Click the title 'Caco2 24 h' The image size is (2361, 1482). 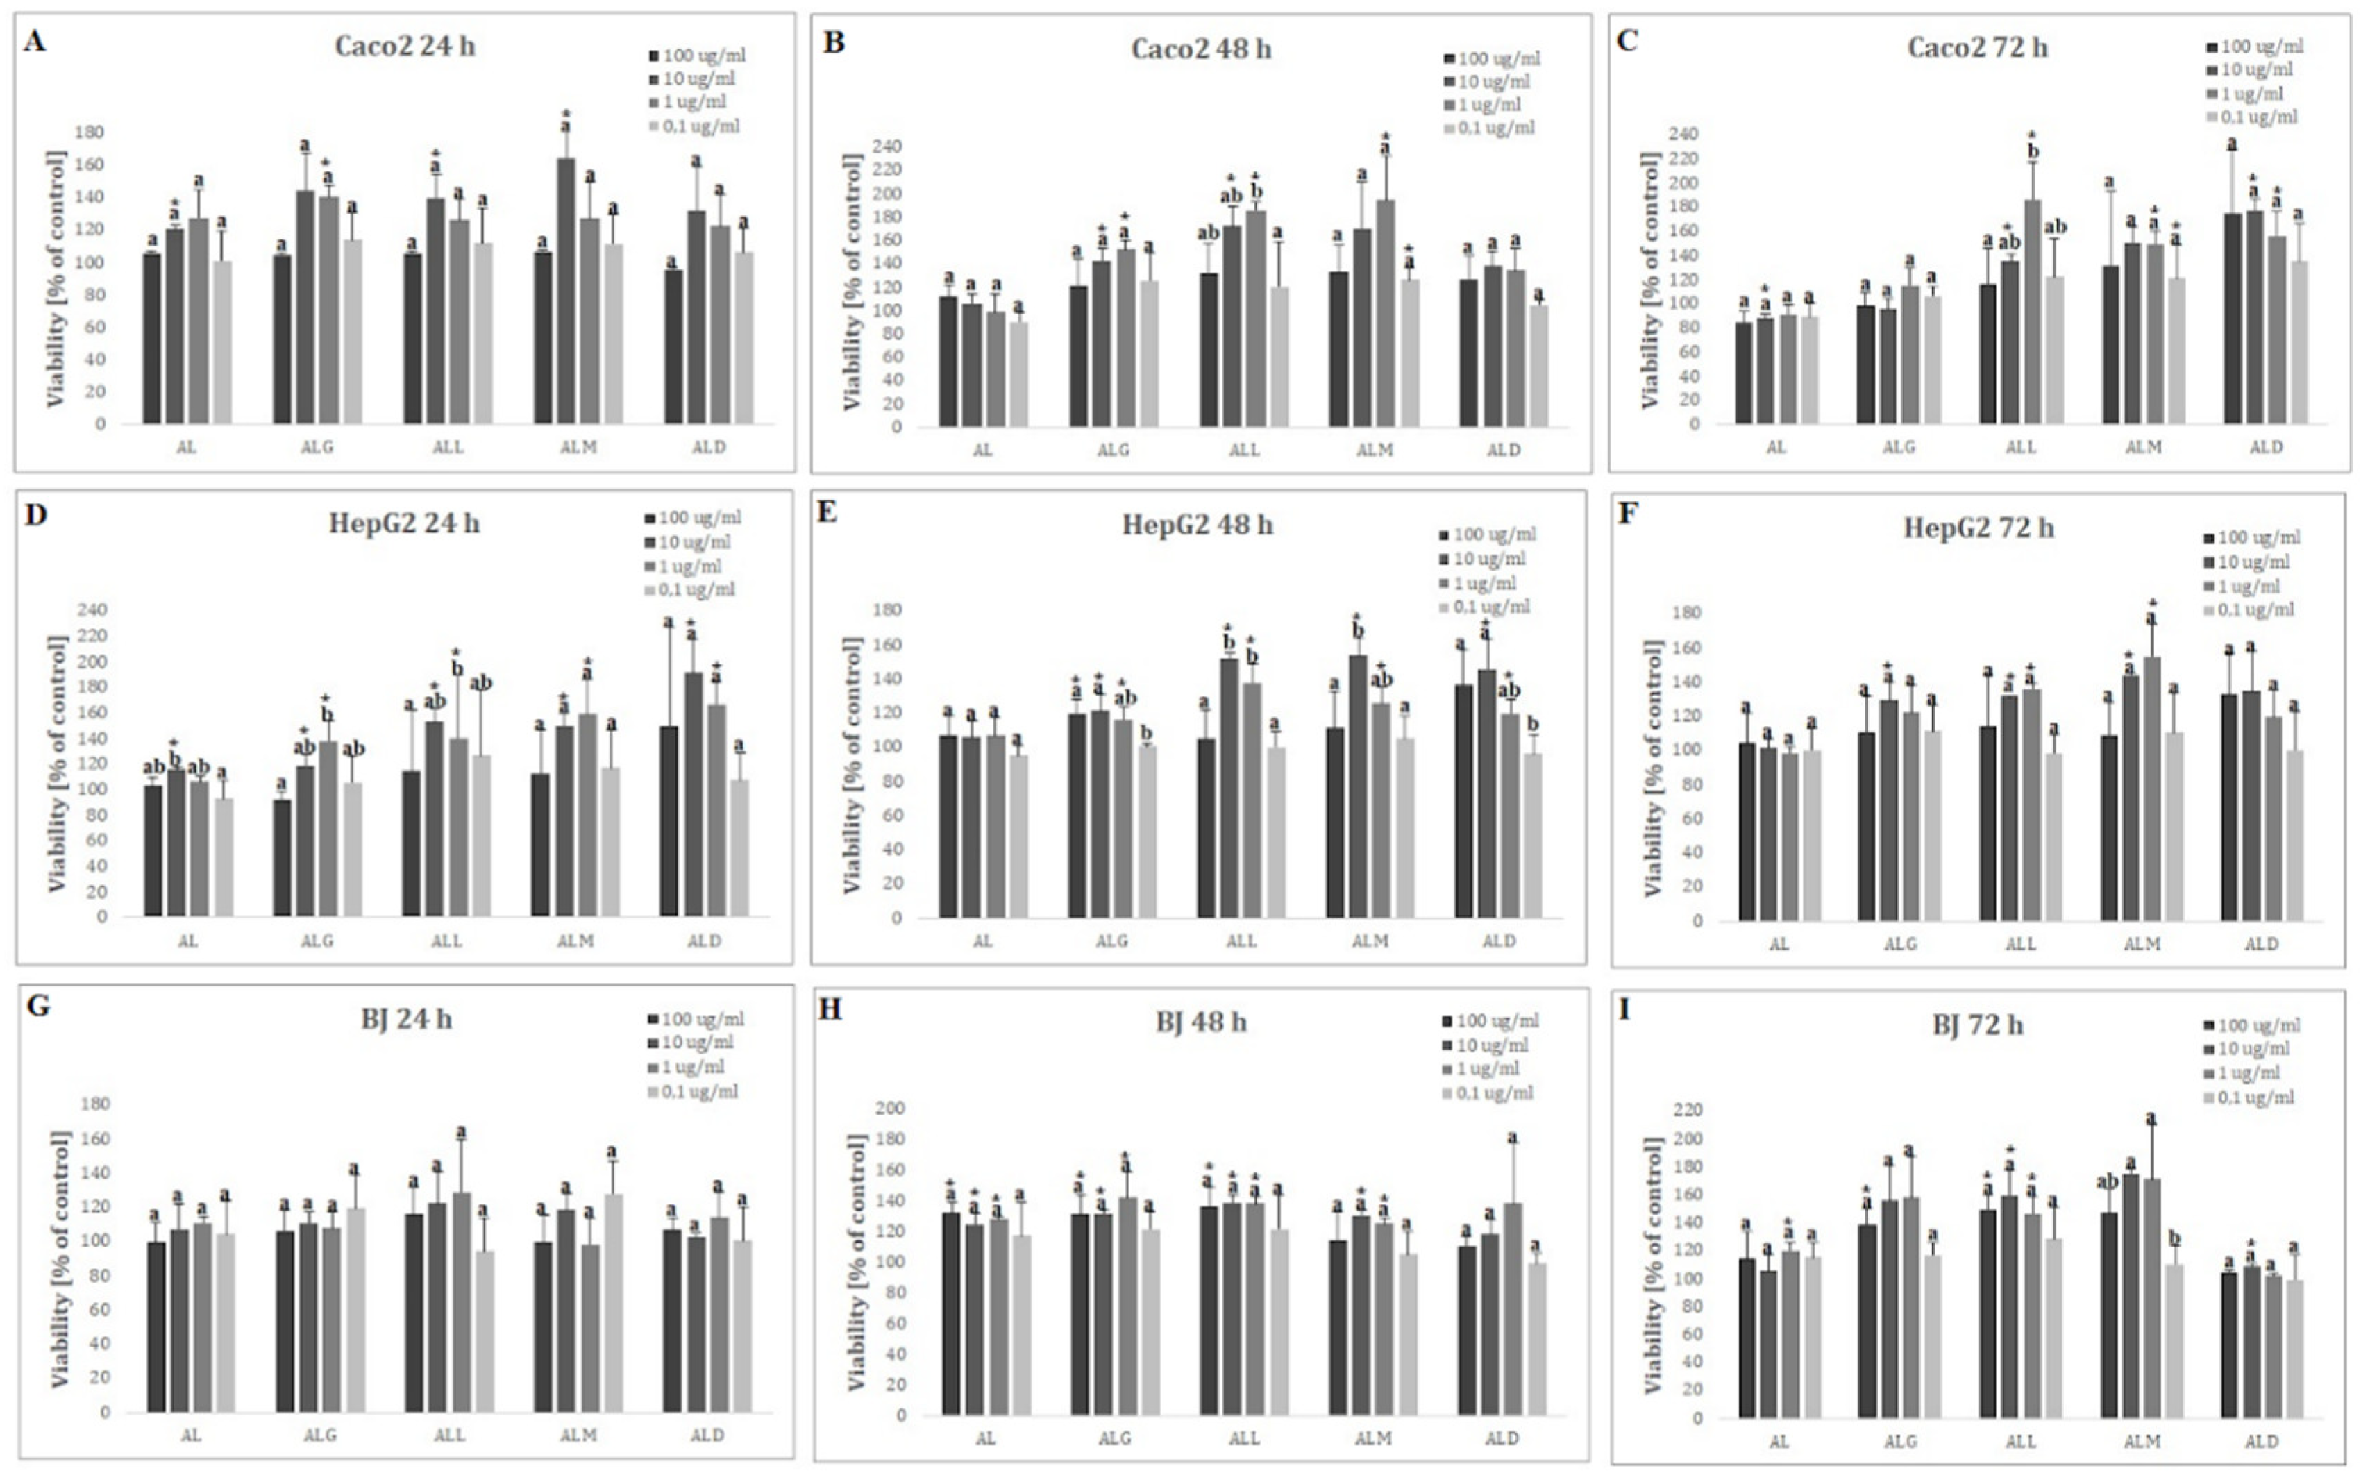405,46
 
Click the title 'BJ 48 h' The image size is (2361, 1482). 1200,1022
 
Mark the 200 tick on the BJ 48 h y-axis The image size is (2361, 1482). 890,1108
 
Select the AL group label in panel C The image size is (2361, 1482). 1776,447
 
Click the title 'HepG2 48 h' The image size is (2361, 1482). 1197,525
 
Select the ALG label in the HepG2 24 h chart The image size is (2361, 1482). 317,941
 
